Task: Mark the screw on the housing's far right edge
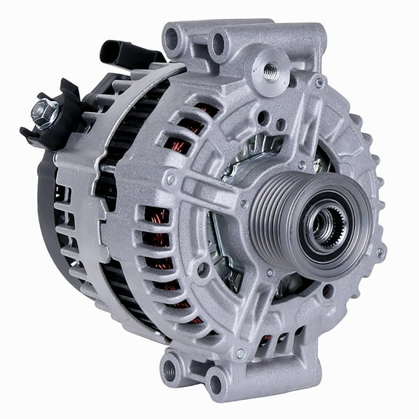tap(379, 252)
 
